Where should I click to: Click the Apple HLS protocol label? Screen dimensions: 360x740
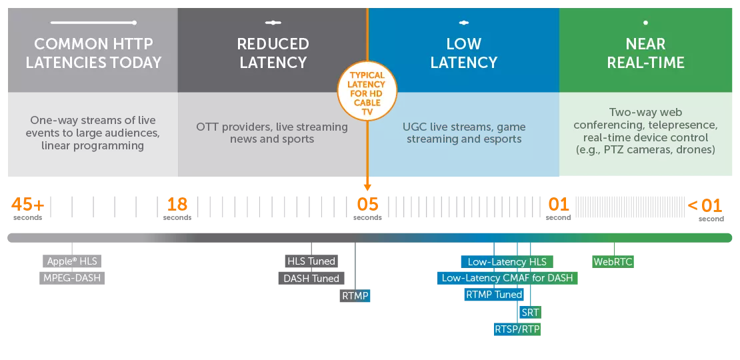73,261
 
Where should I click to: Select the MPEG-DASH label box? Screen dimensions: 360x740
73,278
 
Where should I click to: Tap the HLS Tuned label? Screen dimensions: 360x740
311,261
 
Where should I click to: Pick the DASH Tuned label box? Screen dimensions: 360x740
311,279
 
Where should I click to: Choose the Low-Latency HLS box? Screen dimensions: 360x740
507,262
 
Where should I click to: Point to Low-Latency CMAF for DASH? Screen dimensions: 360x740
507,278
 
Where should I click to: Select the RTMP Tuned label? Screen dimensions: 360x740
494,295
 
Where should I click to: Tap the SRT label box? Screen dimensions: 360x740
530,312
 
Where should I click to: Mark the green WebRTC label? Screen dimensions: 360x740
613,262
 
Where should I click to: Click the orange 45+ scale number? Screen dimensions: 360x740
27,205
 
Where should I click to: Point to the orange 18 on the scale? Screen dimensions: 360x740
177,205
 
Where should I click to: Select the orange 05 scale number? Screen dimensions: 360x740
368,205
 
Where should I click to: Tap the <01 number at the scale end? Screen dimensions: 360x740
705,205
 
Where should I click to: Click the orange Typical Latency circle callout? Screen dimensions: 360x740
367,94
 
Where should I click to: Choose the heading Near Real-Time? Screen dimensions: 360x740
645,53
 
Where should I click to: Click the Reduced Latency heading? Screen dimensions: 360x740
273,53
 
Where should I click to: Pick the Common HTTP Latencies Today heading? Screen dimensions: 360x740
93,53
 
